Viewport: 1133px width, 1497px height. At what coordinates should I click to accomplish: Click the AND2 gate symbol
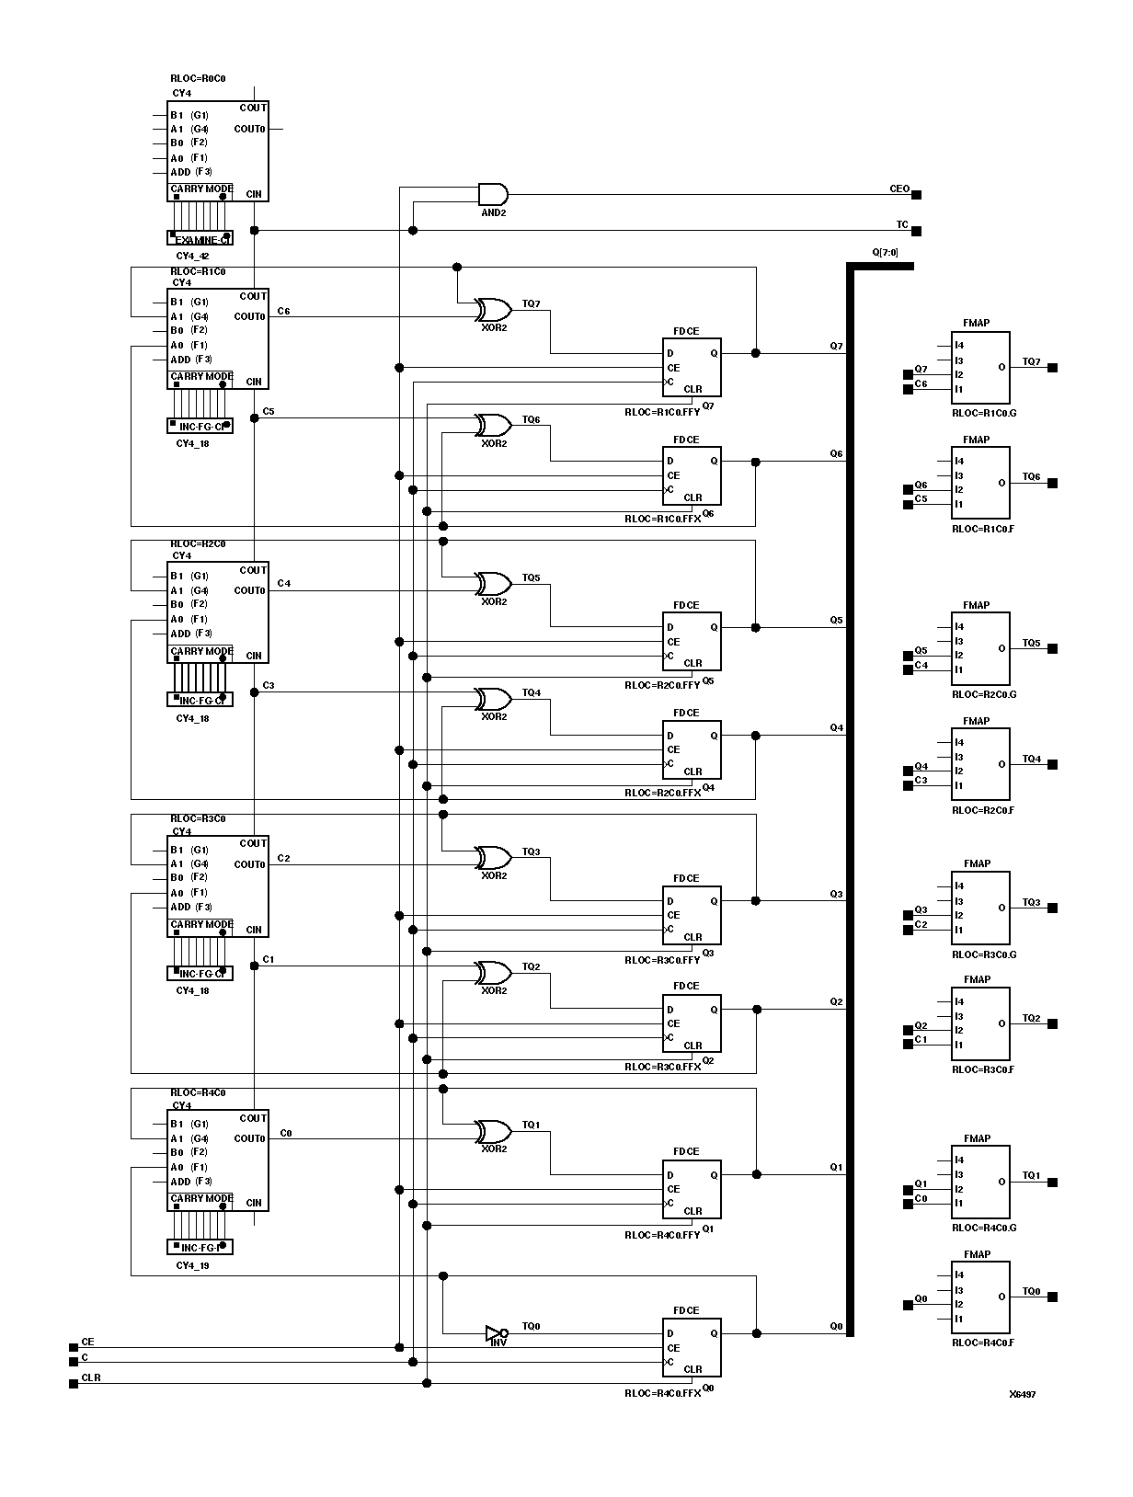tap(493, 194)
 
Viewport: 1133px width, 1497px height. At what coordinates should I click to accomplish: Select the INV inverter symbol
tap(496, 1332)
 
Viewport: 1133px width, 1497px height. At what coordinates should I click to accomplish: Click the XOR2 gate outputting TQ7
tap(493, 309)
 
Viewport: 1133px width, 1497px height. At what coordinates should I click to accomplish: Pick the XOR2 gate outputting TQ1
tap(493, 1131)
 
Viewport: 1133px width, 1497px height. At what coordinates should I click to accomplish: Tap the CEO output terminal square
tap(916, 194)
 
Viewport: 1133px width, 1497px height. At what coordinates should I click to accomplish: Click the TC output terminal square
tap(916, 231)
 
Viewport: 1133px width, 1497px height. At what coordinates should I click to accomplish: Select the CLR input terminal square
tap(74, 1383)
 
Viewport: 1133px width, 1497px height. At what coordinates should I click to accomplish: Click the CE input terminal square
tap(74, 1347)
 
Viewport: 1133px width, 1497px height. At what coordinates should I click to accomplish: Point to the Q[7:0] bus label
tap(885, 252)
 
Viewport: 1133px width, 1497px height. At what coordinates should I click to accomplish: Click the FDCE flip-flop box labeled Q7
tap(692, 367)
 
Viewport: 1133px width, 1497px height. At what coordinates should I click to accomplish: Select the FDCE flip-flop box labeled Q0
tap(692, 1347)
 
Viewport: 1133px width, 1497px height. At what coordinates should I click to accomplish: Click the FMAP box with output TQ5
tap(980, 648)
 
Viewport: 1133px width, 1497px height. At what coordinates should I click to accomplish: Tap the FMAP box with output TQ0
tap(980, 1297)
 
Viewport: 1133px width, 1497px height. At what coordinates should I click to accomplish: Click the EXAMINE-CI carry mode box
tap(200, 238)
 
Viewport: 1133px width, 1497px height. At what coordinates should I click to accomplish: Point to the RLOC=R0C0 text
tap(198, 79)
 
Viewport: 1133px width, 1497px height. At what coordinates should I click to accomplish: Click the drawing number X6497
tap(1022, 1394)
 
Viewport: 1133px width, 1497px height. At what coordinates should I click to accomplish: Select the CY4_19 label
tap(192, 1265)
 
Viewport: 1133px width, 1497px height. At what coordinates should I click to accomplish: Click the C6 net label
tap(283, 312)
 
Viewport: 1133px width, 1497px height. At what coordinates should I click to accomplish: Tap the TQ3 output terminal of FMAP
tap(1053, 908)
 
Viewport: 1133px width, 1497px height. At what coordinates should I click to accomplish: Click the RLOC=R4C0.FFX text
tap(662, 1393)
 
